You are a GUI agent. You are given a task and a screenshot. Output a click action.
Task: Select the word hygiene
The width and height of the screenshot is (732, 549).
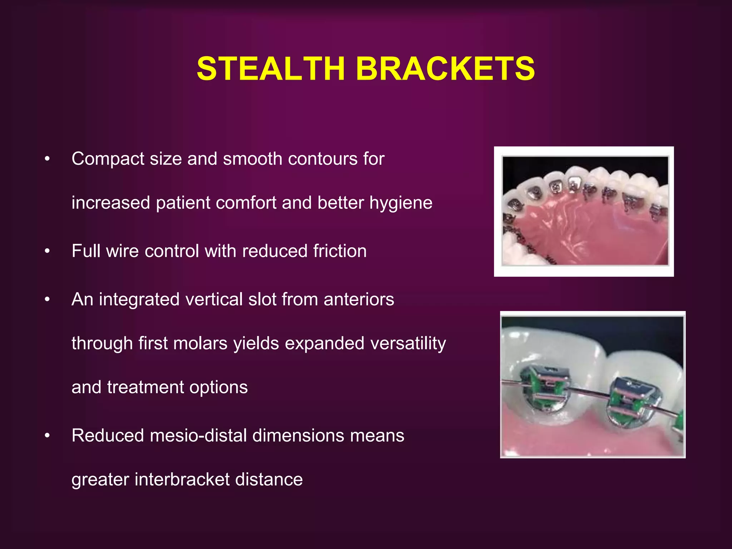tap(401, 203)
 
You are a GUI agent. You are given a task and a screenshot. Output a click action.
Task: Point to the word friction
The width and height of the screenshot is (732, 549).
tap(340, 251)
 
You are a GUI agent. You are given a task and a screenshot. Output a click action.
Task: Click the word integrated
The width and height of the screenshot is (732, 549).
tap(139, 300)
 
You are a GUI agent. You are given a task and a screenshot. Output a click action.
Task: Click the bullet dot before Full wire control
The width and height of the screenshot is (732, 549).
tap(47, 251)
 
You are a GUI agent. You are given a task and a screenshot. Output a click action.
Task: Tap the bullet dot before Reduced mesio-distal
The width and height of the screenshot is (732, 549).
tap(47, 436)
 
